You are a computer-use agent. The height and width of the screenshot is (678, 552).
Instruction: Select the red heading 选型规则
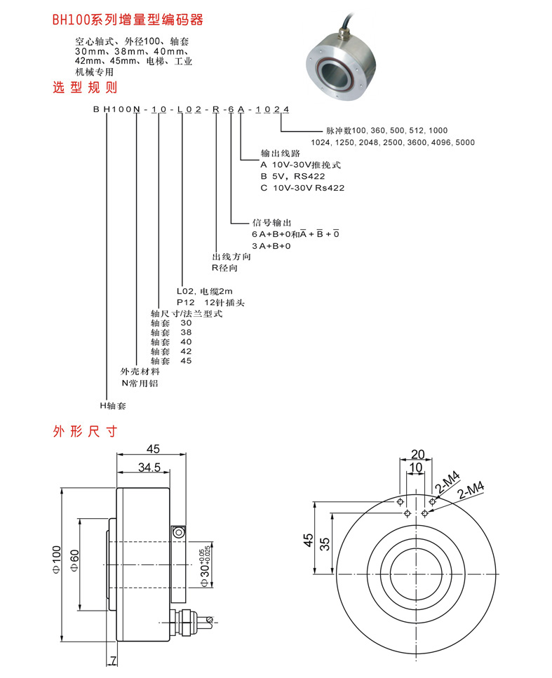[85, 88]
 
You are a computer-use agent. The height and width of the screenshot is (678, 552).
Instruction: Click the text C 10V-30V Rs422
[302, 188]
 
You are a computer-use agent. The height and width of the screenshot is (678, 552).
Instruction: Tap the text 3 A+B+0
[271, 246]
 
